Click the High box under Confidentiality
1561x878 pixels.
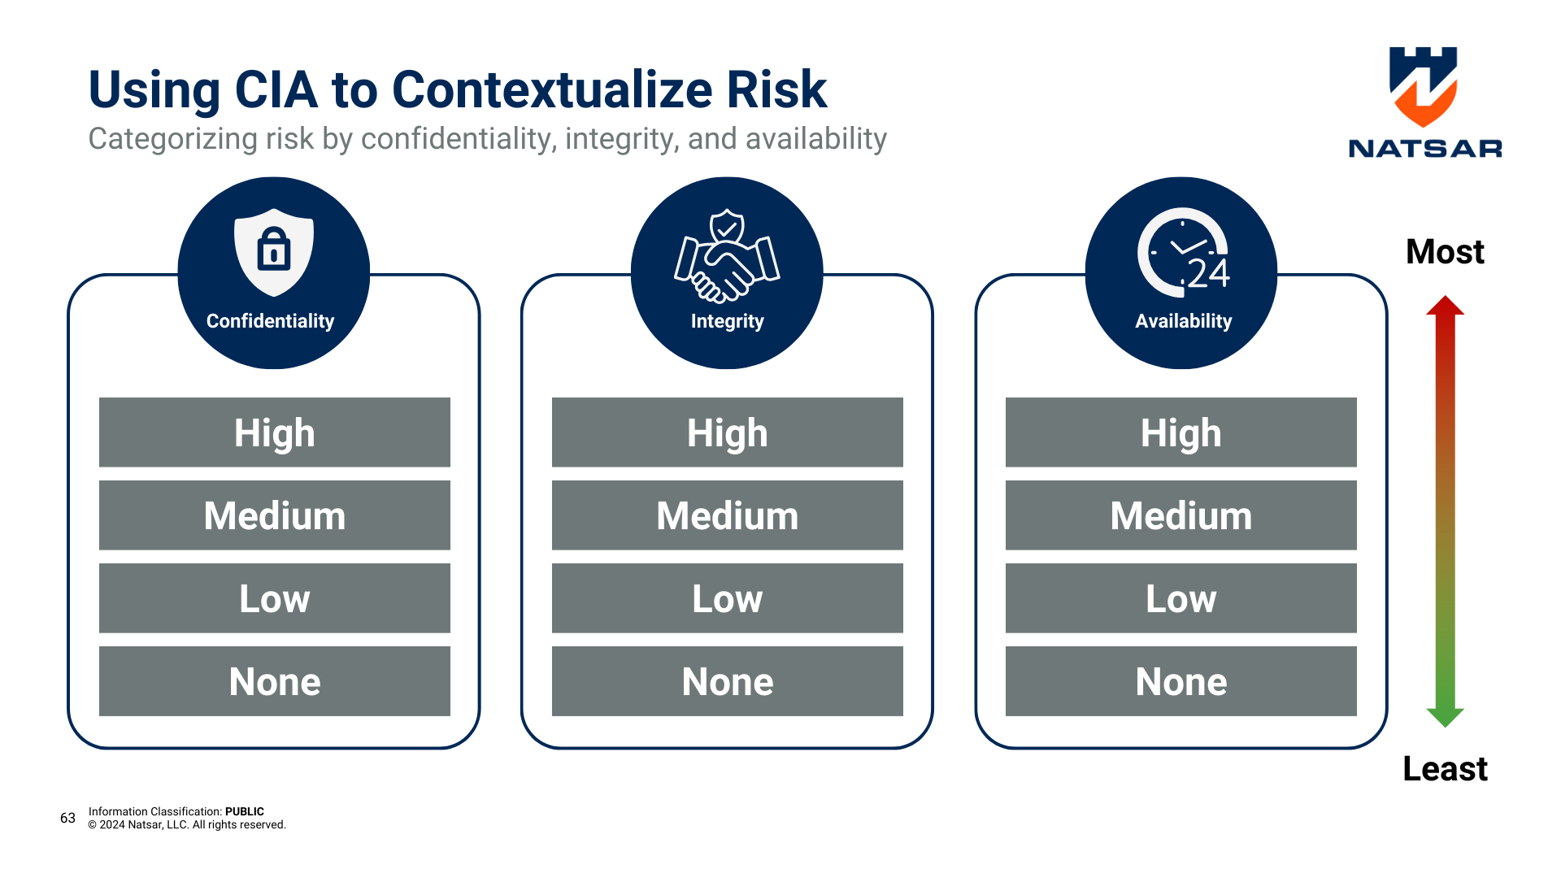(274, 432)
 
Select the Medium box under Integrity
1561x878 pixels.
(727, 515)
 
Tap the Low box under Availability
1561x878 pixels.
(1181, 598)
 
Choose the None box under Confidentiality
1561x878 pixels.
(274, 681)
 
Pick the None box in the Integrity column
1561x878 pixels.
(727, 681)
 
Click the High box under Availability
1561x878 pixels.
(1181, 432)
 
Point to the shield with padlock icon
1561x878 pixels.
(274, 251)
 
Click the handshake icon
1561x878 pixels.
(727, 257)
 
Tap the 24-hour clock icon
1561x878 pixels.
(1183, 254)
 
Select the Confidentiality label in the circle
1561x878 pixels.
(270, 321)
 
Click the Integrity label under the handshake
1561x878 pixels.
(727, 321)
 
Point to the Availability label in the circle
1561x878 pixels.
(1183, 321)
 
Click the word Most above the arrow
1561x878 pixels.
(1445, 252)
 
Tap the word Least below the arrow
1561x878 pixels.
(1445, 769)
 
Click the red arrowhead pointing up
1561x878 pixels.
(1445, 306)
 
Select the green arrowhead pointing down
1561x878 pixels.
(1445, 717)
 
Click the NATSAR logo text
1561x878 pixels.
(1424, 149)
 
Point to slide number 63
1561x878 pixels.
(67, 818)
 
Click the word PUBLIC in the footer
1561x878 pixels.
(244, 811)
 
